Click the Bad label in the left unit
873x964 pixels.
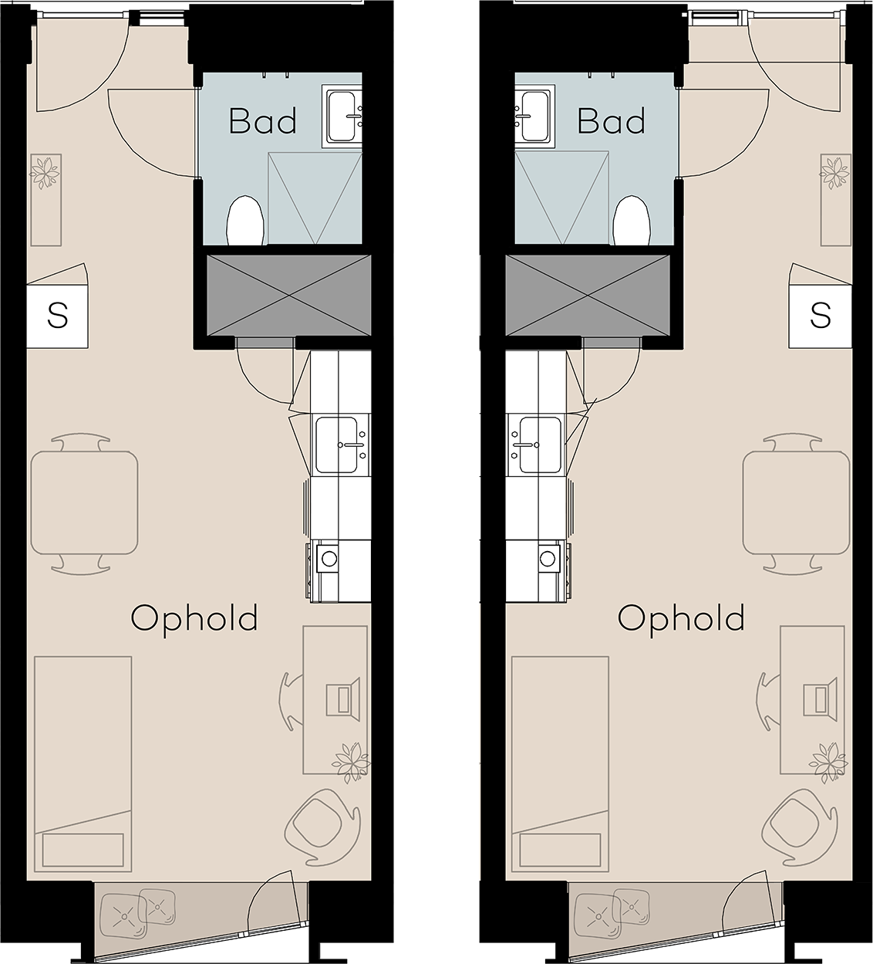pos(263,121)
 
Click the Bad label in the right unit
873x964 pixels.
pos(611,121)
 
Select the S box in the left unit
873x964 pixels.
pos(57,317)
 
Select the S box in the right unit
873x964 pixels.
pos(821,317)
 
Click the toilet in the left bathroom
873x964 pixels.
pos(246,221)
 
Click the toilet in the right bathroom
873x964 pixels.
pos(632,221)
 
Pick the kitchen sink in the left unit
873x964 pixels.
pos(341,445)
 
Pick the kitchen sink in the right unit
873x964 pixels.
pos(536,445)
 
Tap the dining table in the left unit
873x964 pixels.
pos(85,502)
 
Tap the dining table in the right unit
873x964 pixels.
pos(796,502)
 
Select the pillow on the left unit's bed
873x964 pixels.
pos(83,850)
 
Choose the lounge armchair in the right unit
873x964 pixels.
pos(800,826)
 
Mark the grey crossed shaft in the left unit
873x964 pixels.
pos(289,296)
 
